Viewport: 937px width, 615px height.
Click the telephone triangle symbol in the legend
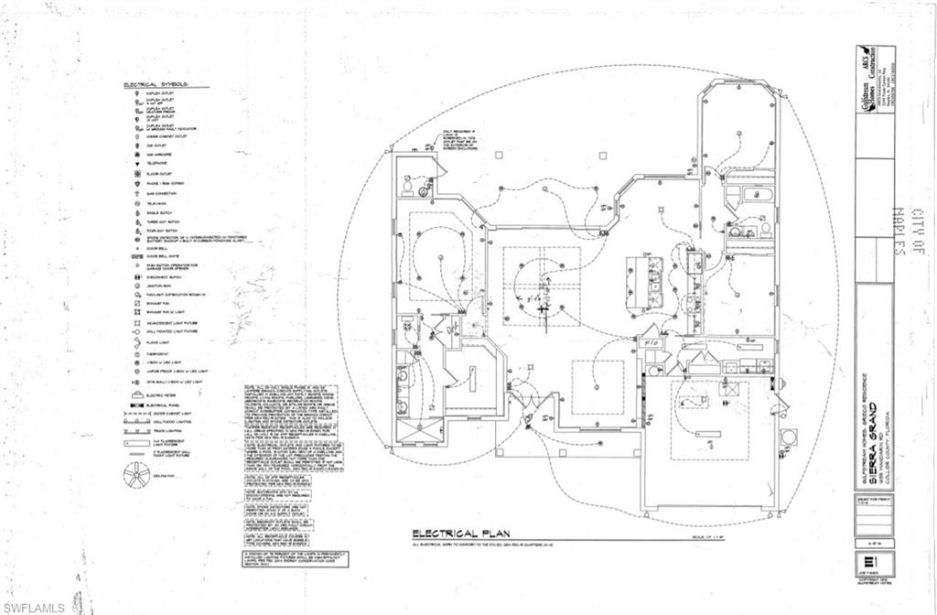(x=135, y=163)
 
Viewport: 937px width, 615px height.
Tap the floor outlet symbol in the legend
(x=135, y=173)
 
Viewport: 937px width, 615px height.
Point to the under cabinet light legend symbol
(x=137, y=415)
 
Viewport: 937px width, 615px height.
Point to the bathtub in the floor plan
(x=752, y=194)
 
